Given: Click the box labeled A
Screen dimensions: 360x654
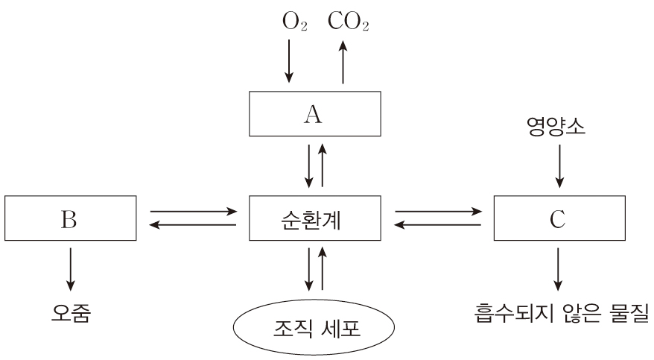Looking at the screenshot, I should point(314,114).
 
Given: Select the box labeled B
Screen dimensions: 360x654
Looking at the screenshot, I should point(71,219).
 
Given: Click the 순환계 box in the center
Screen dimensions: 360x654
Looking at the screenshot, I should point(314,219).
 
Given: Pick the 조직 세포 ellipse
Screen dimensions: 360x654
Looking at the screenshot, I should point(314,327).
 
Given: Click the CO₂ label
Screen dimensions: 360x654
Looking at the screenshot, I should point(348,22).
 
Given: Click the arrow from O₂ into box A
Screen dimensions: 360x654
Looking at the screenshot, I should point(289,63).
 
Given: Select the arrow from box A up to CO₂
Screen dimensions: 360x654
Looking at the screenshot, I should point(343,63).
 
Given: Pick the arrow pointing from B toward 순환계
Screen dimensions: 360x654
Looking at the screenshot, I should point(193,212).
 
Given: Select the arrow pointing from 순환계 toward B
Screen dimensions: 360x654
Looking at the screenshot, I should point(193,225).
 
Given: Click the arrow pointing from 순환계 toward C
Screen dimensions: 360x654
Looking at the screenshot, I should point(438,212).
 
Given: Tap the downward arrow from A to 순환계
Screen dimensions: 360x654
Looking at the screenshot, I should point(307,166).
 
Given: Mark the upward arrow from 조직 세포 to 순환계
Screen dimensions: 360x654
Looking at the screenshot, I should point(322,269).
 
